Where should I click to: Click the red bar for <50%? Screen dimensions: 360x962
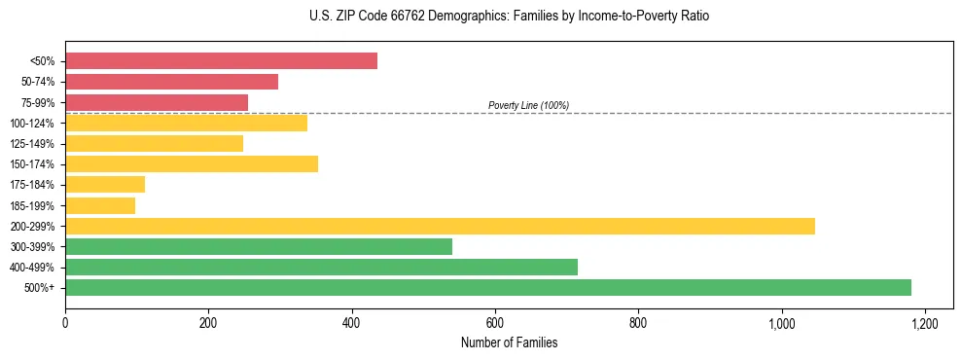221,61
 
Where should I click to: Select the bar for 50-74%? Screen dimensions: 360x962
171,82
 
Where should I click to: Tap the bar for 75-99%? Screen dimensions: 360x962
157,102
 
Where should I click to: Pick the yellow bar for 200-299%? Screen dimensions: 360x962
440,226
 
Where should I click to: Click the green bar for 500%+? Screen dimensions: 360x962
488,287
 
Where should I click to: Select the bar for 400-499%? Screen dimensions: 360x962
321,267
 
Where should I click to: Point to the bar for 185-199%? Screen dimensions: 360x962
100,205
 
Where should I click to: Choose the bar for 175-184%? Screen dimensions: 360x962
105,185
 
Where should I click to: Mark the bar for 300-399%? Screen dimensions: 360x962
259,246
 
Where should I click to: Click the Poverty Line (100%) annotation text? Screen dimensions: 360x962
528,105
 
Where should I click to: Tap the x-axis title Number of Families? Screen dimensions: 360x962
509,342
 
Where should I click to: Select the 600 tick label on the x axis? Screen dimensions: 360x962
495,322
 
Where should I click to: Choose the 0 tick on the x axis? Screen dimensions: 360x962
65,322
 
